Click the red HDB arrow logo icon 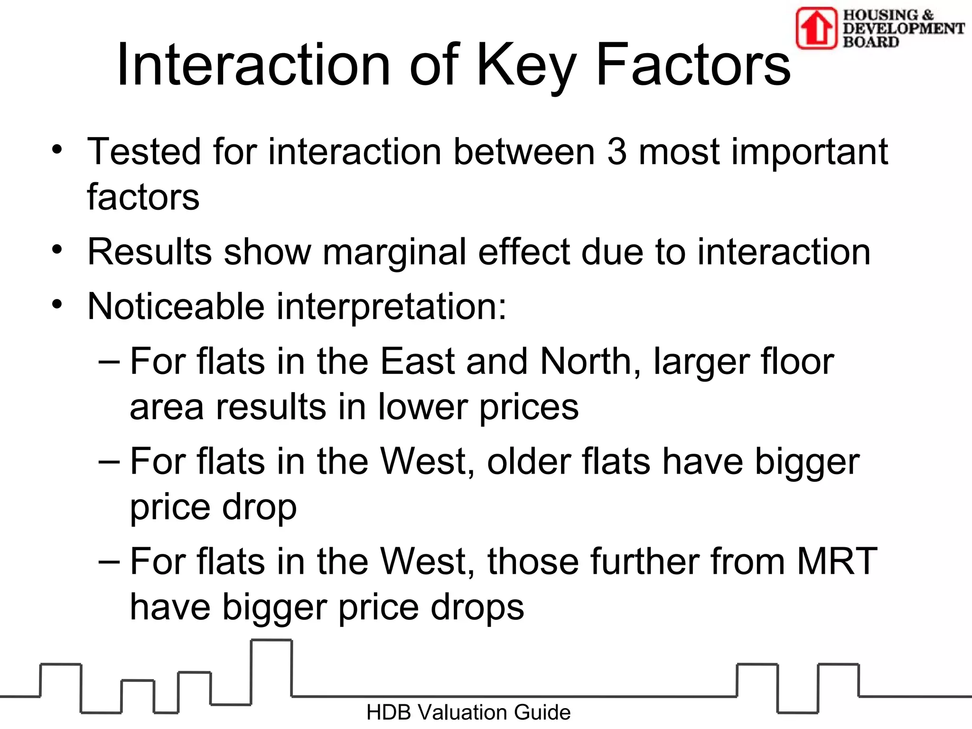tap(816, 28)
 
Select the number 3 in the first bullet tap(617, 152)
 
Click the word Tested tap(144, 152)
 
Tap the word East tap(418, 362)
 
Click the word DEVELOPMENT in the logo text tap(903, 28)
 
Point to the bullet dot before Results tap(57, 250)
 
